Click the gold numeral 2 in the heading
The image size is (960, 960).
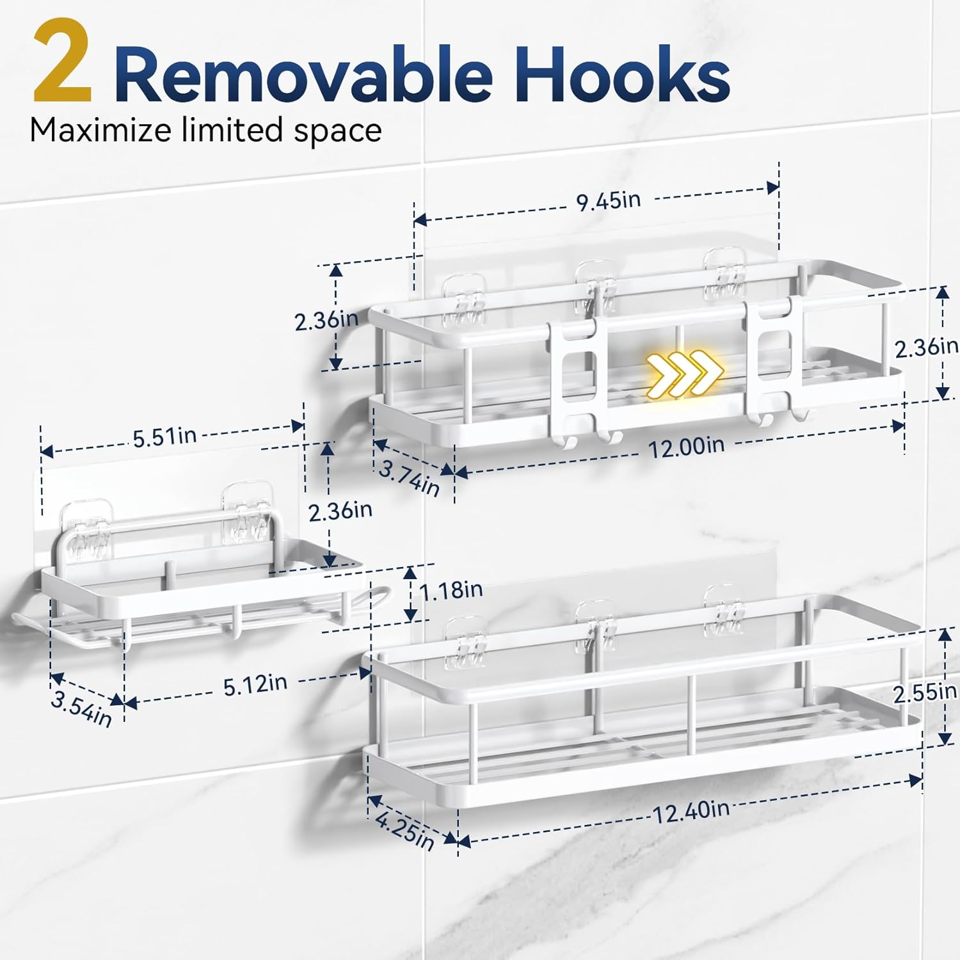click(63, 61)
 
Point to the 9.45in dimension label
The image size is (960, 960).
click(608, 200)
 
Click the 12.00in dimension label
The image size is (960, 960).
click(687, 445)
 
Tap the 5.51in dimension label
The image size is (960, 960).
click(164, 436)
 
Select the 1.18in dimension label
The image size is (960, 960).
click(451, 589)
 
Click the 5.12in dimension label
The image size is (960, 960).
click(255, 684)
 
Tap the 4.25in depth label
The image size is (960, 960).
click(405, 829)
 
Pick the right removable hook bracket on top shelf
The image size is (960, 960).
click(776, 359)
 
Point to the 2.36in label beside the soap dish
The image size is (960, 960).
click(340, 511)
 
